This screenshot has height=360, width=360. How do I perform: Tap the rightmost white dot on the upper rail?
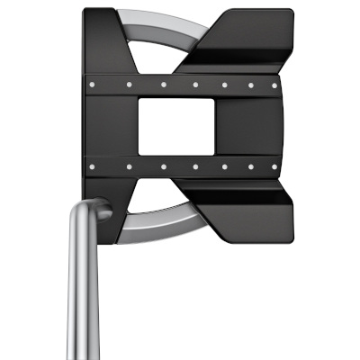click(274, 85)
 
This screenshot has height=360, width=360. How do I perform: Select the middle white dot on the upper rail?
click(193, 85)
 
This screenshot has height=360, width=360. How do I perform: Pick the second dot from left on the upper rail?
click(131, 84)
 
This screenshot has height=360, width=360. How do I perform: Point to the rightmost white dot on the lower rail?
click(274, 166)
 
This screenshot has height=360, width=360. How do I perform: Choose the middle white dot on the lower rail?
click(193, 166)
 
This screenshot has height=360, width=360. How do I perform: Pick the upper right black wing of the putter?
click(247, 40)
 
